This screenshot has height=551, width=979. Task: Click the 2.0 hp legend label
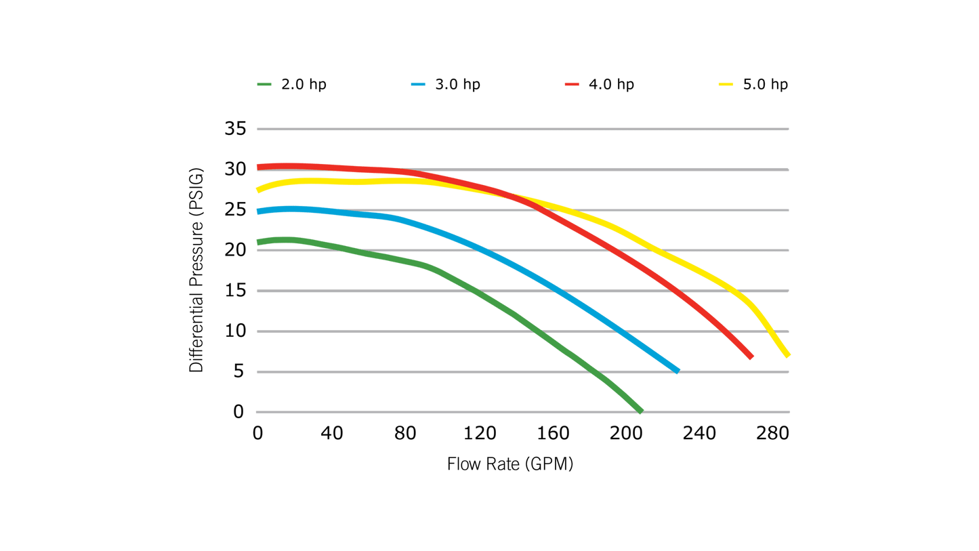point(304,85)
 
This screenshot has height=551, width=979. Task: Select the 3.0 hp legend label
point(457,85)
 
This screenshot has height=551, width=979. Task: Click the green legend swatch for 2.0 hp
point(264,85)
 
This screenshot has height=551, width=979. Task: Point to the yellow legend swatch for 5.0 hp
point(726,85)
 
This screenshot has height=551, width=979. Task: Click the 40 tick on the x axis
point(331,433)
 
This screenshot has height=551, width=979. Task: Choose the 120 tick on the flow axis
point(479,433)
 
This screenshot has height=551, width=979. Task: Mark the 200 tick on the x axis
point(626,433)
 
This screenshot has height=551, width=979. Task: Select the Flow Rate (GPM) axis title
point(509,464)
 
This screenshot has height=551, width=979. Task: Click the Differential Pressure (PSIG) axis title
point(196,270)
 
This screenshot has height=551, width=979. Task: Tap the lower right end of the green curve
point(640,410)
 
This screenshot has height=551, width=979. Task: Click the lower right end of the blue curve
point(677,370)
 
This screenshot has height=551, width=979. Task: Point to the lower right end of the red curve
point(751,356)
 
